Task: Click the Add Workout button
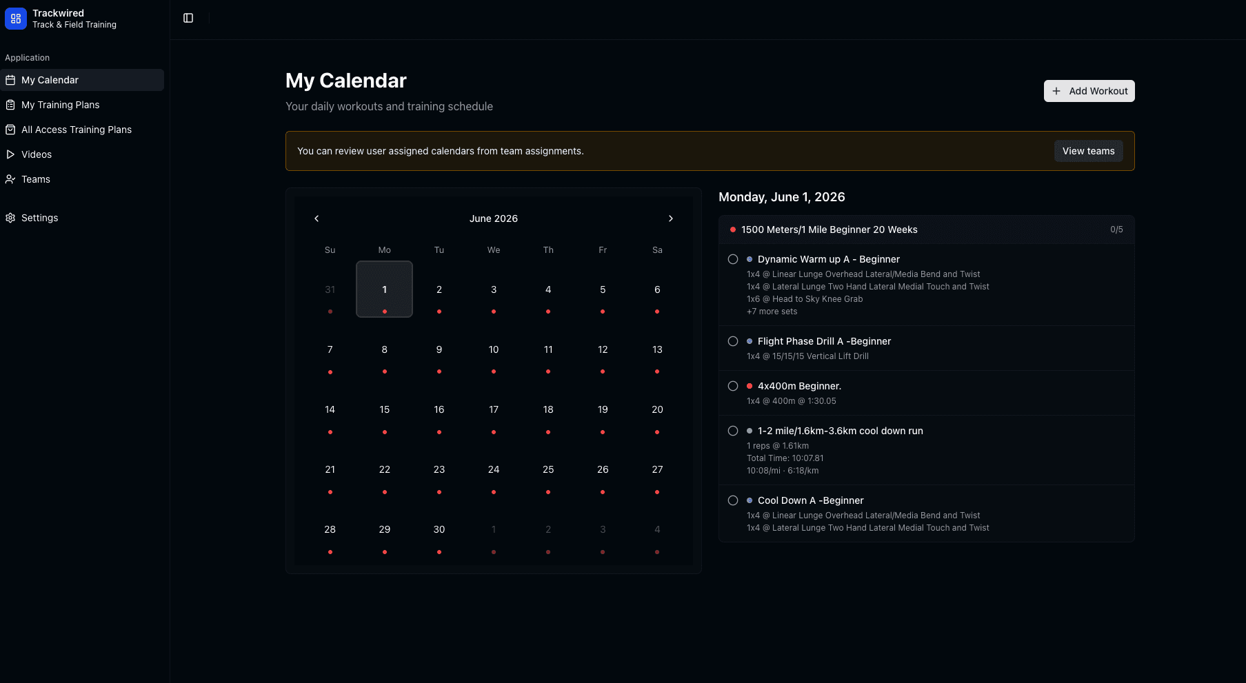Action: pyautogui.click(x=1089, y=91)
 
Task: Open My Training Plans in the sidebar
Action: pyautogui.click(x=61, y=105)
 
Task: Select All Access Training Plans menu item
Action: pyautogui.click(x=76, y=130)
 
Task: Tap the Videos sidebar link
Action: pyautogui.click(x=37, y=154)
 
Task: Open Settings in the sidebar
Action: pyautogui.click(x=39, y=218)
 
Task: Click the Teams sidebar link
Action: pyautogui.click(x=36, y=179)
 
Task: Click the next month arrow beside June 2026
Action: pyautogui.click(x=670, y=218)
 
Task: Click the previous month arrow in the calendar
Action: pyautogui.click(x=316, y=218)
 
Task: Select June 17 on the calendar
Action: pyautogui.click(x=494, y=410)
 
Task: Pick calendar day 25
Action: pyautogui.click(x=548, y=470)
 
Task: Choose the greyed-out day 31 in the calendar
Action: pyautogui.click(x=330, y=290)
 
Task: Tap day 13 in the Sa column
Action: pyautogui.click(x=657, y=350)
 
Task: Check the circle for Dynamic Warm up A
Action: pyautogui.click(x=733, y=259)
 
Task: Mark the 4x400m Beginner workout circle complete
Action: pyautogui.click(x=733, y=386)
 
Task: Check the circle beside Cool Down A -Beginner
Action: pyautogui.click(x=733, y=500)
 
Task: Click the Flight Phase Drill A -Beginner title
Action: pyautogui.click(x=824, y=341)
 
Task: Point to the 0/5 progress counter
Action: pyautogui.click(x=1116, y=230)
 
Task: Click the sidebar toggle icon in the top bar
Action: pyautogui.click(x=188, y=18)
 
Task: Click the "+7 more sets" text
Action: pyautogui.click(x=772, y=312)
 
